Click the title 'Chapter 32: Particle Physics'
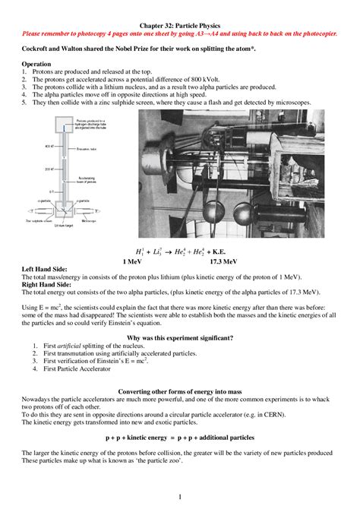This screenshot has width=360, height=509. pyautogui.click(x=179, y=25)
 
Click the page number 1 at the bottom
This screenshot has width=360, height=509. pyautogui.click(x=180, y=497)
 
